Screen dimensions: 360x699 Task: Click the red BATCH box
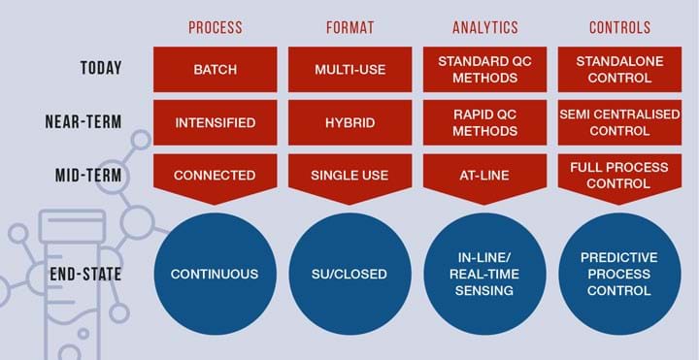click(x=215, y=69)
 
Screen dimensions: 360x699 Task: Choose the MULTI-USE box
click(x=349, y=69)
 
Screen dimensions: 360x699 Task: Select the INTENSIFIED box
click(x=215, y=123)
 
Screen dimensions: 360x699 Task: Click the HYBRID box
click(x=349, y=123)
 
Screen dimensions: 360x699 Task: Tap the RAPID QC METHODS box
click(x=484, y=123)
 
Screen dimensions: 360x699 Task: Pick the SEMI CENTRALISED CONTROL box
click(x=618, y=123)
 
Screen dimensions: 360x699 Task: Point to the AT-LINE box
click(x=484, y=176)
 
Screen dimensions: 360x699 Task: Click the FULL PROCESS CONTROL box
click(x=618, y=175)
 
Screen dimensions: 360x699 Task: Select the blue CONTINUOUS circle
click(x=215, y=274)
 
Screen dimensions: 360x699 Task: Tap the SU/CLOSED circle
click(x=349, y=274)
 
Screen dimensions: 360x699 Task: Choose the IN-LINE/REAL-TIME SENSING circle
click(x=484, y=274)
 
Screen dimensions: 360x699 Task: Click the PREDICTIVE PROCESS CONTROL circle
click(x=618, y=274)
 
